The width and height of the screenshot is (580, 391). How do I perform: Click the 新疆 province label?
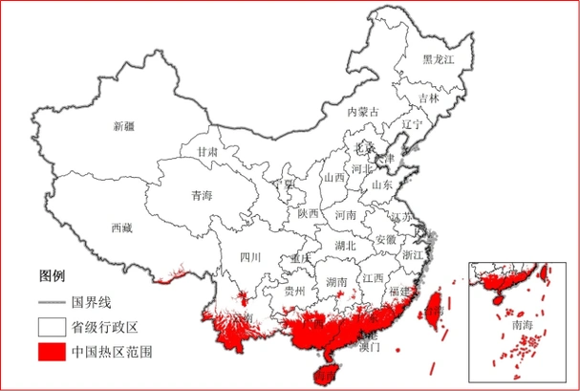coord(124,126)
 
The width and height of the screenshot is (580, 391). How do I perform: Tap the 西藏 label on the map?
coord(121,228)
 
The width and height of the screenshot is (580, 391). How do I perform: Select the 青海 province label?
coord(201,195)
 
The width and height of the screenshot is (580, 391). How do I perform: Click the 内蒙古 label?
coord(362,112)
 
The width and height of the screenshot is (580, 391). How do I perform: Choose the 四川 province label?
coord(249,257)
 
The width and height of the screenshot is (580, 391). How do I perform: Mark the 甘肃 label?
coord(207,151)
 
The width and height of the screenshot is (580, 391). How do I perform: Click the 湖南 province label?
coord(336,282)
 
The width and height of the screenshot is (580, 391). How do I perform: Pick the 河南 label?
coord(345,216)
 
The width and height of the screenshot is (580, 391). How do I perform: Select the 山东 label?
coord(381,185)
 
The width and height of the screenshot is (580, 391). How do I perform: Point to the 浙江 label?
coord(413,256)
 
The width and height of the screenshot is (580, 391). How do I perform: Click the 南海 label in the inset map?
coord(523,325)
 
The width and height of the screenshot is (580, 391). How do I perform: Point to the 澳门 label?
coord(370,347)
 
